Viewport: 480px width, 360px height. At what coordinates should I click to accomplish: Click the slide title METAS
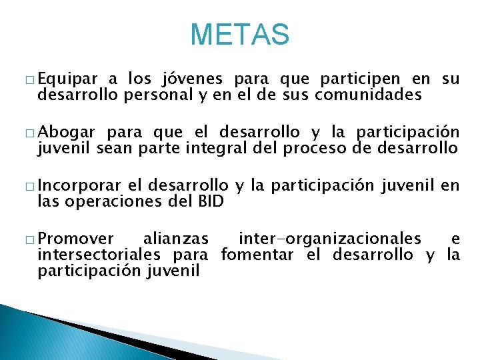[x=240, y=35]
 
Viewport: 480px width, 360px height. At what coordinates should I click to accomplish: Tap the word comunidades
[x=368, y=95]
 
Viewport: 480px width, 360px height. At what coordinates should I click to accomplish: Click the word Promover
[x=76, y=239]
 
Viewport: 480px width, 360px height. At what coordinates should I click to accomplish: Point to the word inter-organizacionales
[x=329, y=239]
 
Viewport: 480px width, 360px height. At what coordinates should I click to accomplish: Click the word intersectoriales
[x=99, y=254]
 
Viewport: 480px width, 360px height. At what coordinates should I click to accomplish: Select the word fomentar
[x=257, y=254]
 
